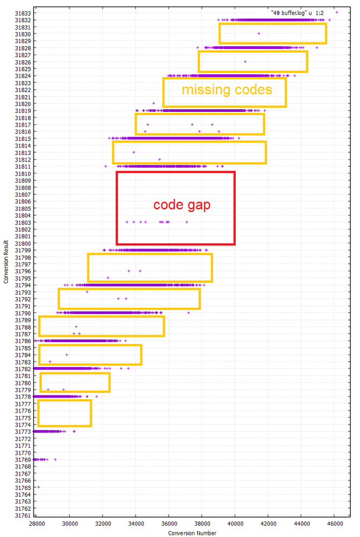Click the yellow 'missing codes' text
(227, 89)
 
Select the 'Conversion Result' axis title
(5, 264)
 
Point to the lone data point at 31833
(337, 12)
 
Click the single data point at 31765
(39, 487)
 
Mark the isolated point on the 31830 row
(259, 33)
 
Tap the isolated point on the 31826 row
(245, 61)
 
